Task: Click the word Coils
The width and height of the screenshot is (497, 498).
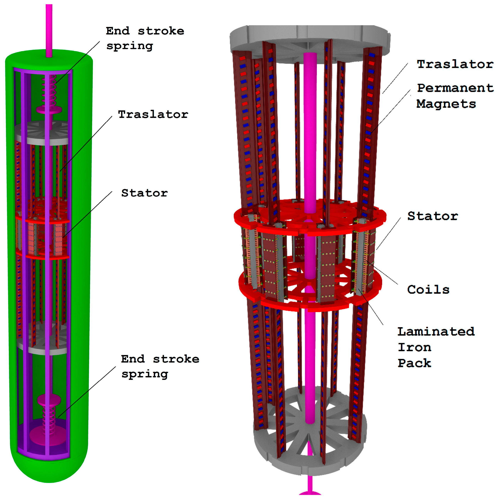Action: point(428,290)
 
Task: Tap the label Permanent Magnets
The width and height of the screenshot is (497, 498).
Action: point(455,96)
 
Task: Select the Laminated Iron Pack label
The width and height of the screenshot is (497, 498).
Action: point(436,347)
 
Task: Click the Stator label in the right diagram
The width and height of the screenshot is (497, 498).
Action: point(432,216)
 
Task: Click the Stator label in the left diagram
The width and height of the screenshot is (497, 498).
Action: point(144,193)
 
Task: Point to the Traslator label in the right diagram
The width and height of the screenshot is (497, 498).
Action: point(455,64)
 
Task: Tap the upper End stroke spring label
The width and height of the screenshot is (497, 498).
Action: point(145,38)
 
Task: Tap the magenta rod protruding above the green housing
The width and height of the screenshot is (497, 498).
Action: point(49,28)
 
